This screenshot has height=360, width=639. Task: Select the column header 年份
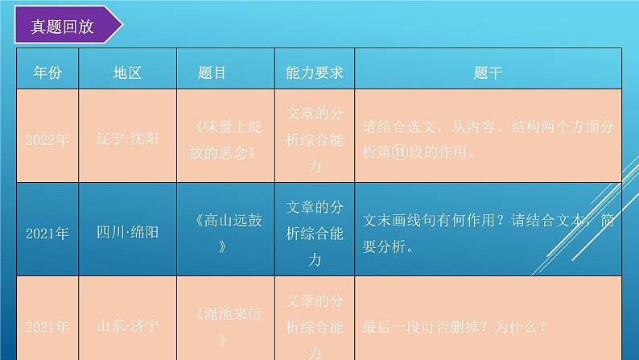(47, 72)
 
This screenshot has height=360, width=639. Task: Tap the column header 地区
(127, 72)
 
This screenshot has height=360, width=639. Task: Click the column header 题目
(212, 72)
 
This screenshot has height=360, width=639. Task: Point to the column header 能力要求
(315, 72)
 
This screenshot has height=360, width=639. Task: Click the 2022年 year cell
(47, 139)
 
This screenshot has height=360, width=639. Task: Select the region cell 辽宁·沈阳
(127, 139)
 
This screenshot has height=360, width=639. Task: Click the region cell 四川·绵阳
(127, 233)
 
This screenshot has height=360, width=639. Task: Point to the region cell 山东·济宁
(127, 326)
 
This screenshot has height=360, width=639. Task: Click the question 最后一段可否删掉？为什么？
(456, 326)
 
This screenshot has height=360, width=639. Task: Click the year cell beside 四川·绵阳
(47, 234)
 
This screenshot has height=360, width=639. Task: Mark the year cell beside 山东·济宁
(47, 327)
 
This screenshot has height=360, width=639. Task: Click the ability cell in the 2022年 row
(315, 139)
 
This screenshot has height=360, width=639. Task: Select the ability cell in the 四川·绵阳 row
(315, 233)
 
